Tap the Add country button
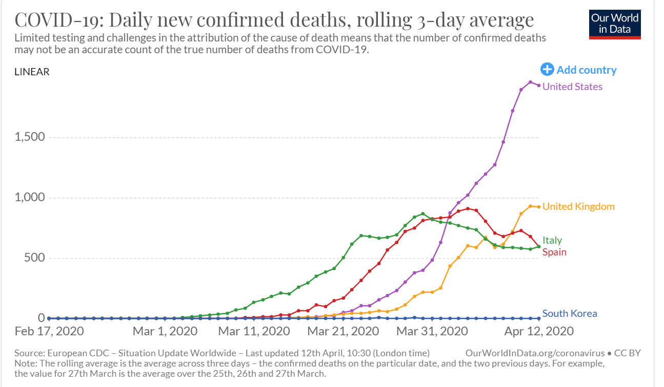pyautogui.click(x=579, y=70)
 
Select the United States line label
pyautogui.click(x=572, y=87)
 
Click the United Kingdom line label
pyautogui.click(x=578, y=206)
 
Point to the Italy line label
pyautogui.click(x=552, y=240)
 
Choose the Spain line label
pyautogui.click(x=554, y=252)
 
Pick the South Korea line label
pyautogui.click(x=570, y=313)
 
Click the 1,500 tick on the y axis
pyautogui.click(x=29, y=137)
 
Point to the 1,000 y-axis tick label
pyautogui.click(x=29, y=197)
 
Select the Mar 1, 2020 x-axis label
pyautogui.click(x=165, y=331)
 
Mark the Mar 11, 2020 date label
pyautogui.click(x=254, y=331)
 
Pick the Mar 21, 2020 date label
pyautogui.click(x=343, y=331)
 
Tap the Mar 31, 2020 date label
pyautogui.click(x=432, y=331)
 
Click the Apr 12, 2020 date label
pyautogui.click(x=538, y=331)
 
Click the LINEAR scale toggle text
pyautogui.click(x=32, y=72)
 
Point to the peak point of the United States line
pyautogui.click(x=530, y=82)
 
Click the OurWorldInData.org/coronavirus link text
pyautogui.click(x=535, y=353)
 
